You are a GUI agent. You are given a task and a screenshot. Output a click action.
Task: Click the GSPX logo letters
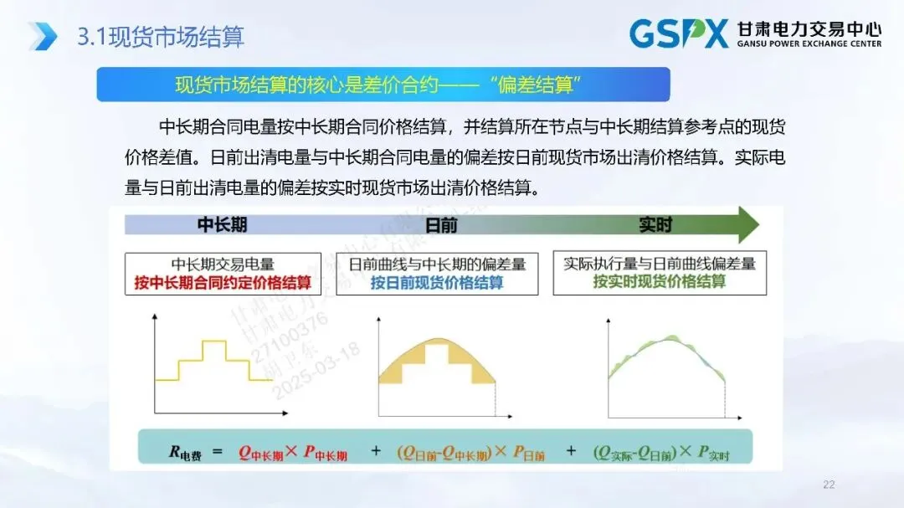click(679, 33)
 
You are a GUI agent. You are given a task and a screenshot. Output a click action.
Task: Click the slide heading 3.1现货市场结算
click(160, 36)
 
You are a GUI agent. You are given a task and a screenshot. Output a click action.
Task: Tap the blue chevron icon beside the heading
click(43, 36)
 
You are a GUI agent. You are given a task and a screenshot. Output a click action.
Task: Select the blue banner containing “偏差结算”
click(383, 85)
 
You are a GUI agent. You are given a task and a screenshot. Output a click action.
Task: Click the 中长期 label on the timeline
click(222, 225)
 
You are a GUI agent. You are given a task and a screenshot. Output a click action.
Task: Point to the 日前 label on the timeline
click(441, 225)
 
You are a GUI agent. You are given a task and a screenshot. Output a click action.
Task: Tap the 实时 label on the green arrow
click(655, 225)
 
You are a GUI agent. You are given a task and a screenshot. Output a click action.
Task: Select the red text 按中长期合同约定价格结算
click(223, 283)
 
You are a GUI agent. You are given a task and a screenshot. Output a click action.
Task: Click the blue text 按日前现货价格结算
click(437, 283)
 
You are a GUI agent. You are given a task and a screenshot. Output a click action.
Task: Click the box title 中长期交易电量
click(223, 264)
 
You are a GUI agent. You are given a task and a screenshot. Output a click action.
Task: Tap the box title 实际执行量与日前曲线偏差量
click(660, 264)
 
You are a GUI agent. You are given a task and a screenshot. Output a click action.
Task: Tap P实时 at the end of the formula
click(713, 453)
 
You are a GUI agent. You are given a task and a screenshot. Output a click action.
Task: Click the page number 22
click(830, 485)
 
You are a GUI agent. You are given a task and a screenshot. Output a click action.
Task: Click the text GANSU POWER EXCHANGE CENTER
click(809, 44)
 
